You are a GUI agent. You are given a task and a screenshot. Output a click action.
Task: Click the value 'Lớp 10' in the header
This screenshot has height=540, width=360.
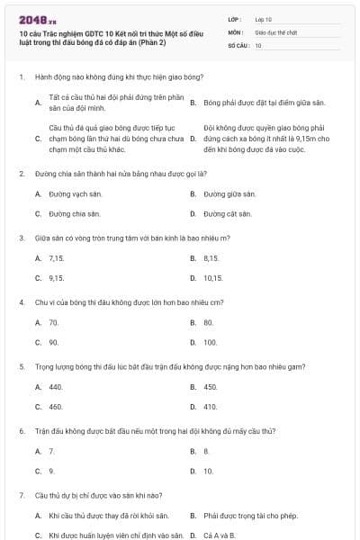pyautogui.click(x=264, y=19)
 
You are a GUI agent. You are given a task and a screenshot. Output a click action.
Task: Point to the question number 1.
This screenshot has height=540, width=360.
pyautogui.click(x=21, y=78)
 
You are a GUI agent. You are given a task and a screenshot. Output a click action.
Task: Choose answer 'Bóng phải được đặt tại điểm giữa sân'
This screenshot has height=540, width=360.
pyautogui.click(x=257, y=103)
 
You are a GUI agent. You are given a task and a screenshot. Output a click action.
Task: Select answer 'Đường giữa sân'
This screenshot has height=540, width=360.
pyautogui.click(x=229, y=193)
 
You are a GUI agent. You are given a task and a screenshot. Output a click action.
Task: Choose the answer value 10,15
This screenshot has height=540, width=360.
pyautogui.click(x=212, y=278)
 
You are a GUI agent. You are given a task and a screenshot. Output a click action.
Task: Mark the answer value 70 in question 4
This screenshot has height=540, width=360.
pyautogui.click(x=54, y=322)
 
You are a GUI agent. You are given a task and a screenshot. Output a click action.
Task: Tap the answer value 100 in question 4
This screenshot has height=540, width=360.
pyautogui.click(x=210, y=343)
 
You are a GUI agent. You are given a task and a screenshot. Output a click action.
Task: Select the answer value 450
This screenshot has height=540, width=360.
pyautogui.click(x=210, y=387)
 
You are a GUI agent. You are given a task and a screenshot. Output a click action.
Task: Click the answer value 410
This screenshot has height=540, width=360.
pyautogui.click(x=210, y=407)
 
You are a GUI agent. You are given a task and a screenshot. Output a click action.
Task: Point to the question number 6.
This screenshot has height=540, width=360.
pyautogui.click(x=21, y=431)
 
